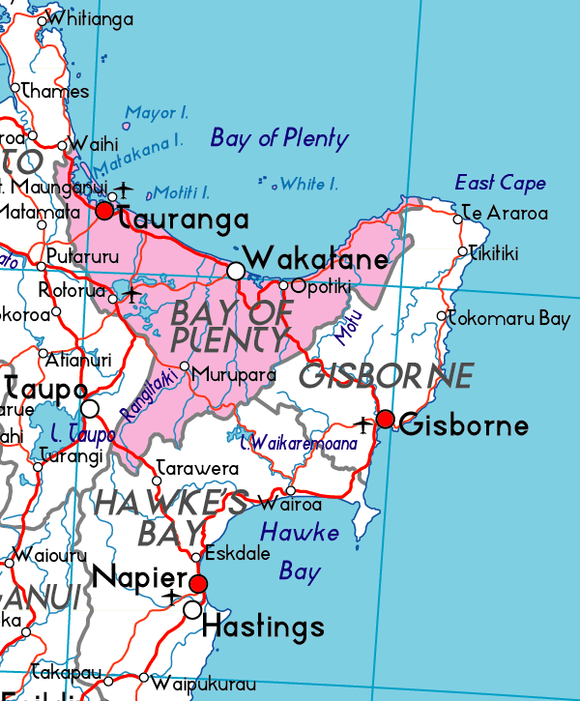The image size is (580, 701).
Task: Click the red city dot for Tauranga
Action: (x=105, y=210)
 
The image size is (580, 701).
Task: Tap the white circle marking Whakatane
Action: (x=235, y=271)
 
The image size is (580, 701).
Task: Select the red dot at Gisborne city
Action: (x=385, y=419)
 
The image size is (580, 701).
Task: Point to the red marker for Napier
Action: (x=198, y=583)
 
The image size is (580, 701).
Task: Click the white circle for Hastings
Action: (x=192, y=610)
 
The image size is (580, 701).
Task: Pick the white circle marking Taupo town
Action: (x=90, y=409)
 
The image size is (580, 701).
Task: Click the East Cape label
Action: (x=500, y=183)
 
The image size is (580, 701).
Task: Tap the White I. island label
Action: (x=308, y=184)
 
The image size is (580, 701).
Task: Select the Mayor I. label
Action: (x=158, y=113)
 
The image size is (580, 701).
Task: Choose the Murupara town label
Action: (x=233, y=374)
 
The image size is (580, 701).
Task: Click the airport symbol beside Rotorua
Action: (x=131, y=291)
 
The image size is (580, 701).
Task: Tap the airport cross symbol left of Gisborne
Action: (x=363, y=424)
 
